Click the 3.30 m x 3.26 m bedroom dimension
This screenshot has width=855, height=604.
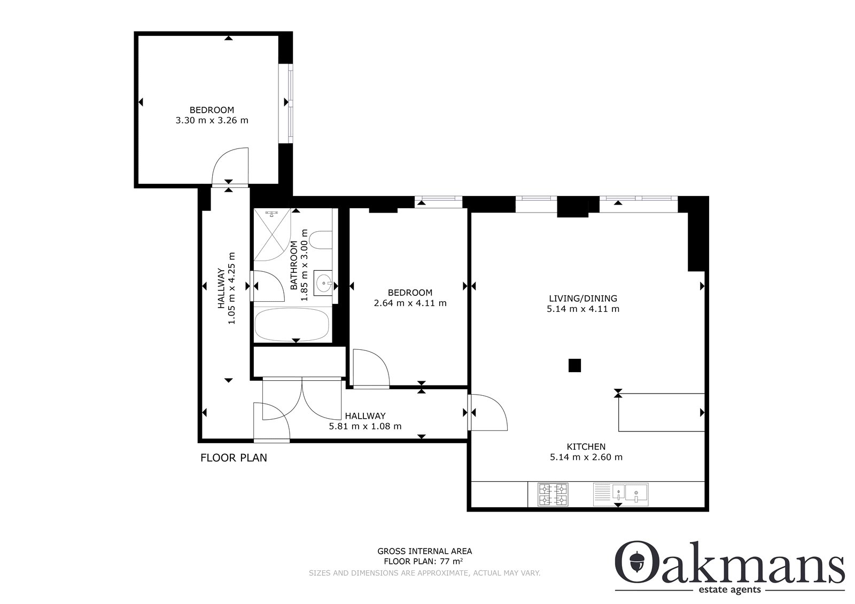coord(212,121)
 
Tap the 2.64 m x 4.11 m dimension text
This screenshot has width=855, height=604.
coord(410,303)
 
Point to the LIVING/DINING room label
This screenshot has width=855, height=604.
coord(583,299)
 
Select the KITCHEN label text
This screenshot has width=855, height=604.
coord(586,446)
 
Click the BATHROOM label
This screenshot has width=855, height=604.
coord(293,265)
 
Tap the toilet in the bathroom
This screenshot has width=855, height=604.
coord(321,240)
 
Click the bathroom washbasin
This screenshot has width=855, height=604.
coord(323,283)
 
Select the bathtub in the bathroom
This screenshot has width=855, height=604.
coord(292,324)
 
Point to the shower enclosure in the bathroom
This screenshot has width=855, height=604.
coord(272,234)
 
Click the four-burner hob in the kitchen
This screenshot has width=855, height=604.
coord(553,495)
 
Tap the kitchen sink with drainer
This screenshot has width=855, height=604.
coord(620,495)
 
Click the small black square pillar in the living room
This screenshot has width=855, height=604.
coord(574,365)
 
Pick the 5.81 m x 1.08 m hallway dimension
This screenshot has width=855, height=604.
coord(366,427)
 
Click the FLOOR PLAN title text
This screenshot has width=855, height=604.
coord(234,458)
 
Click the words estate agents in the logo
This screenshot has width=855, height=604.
coord(730,590)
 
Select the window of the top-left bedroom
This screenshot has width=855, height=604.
coord(285,104)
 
